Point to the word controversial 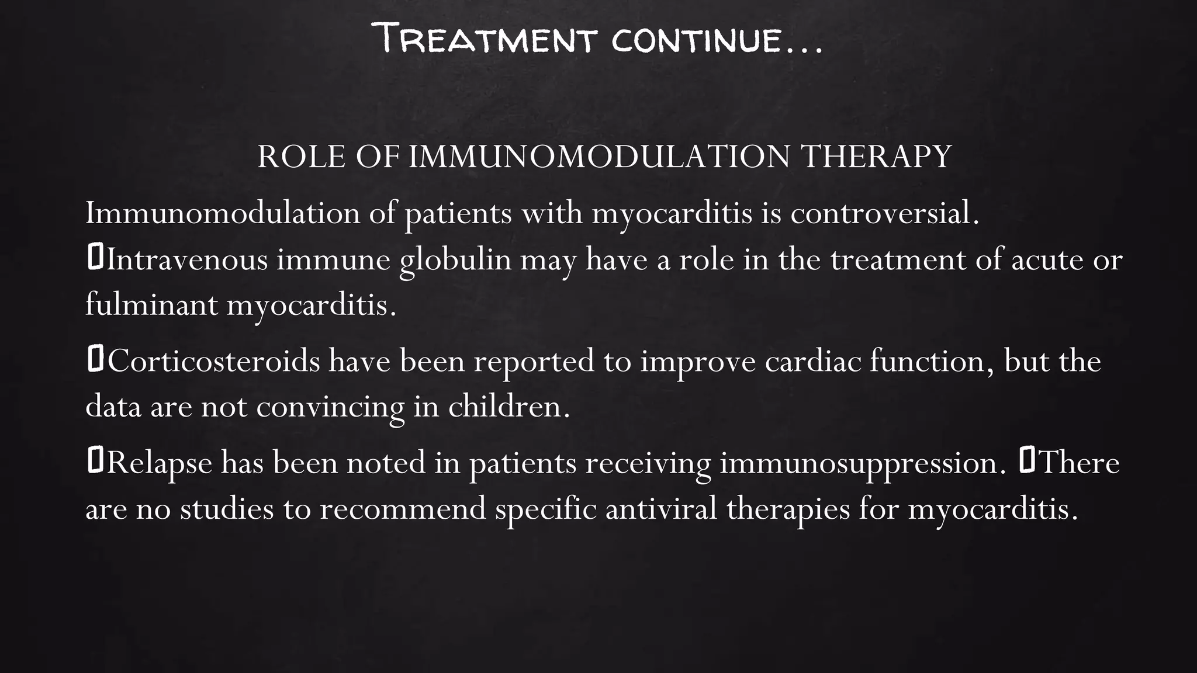click(884, 213)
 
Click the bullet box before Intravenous click(95, 258)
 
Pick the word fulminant click(151, 304)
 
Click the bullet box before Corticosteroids click(95, 359)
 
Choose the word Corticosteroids click(213, 361)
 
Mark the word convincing click(330, 407)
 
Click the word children click(508, 406)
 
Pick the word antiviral click(661, 508)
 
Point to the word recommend click(403, 508)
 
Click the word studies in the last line click(227, 508)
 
